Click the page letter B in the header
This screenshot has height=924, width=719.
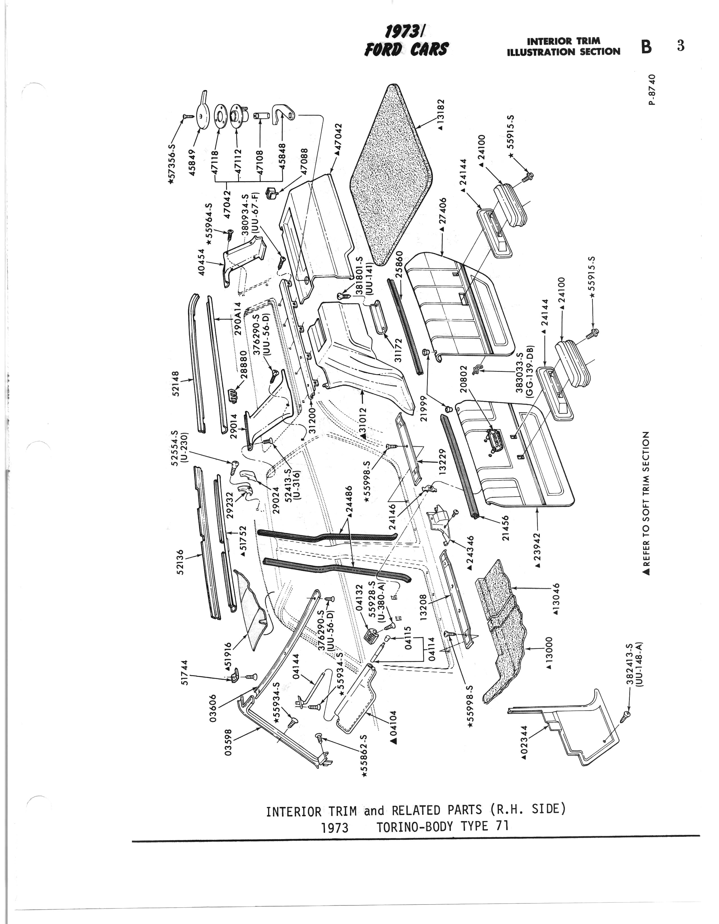pyautogui.click(x=646, y=47)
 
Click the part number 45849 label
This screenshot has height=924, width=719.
pyautogui.click(x=193, y=163)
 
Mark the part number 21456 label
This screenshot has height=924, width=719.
pyautogui.click(x=505, y=527)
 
